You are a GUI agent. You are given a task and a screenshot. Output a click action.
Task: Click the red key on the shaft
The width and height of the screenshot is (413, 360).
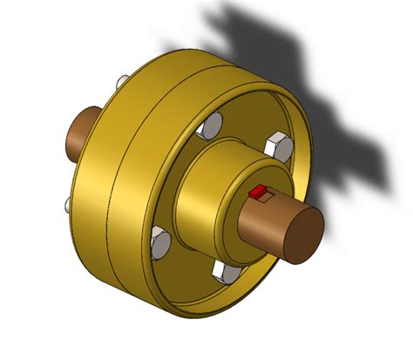(x=258, y=193)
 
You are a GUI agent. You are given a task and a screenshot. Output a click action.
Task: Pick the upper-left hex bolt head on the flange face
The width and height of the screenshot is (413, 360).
(x=206, y=130)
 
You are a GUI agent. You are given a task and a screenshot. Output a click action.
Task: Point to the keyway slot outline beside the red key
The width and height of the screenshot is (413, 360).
(x=271, y=196)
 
